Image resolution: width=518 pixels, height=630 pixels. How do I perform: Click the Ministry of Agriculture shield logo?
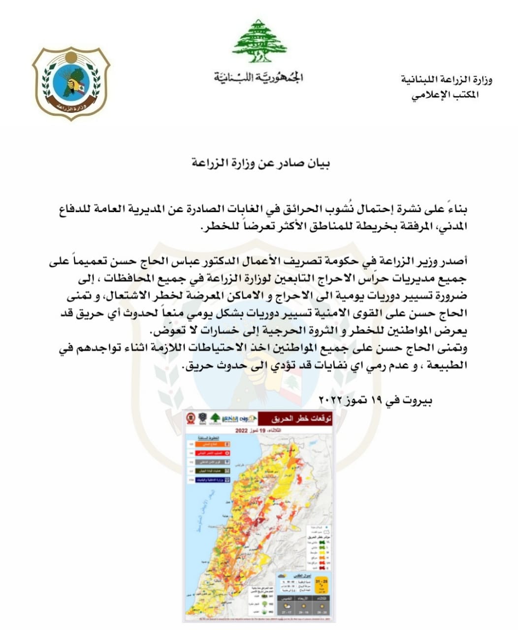[x=72, y=83]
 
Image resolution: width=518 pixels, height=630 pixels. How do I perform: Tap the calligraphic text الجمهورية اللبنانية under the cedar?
[x=259, y=77]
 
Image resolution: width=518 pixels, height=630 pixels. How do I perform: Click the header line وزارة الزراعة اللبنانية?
[x=447, y=80]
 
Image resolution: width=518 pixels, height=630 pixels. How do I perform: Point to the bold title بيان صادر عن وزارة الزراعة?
[x=260, y=163]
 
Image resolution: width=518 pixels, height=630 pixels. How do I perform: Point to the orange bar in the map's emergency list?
[x=209, y=444]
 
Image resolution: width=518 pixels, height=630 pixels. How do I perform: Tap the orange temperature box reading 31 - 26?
[x=322, y=585]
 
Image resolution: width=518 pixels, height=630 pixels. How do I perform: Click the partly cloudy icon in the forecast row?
[x=284, y=576]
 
